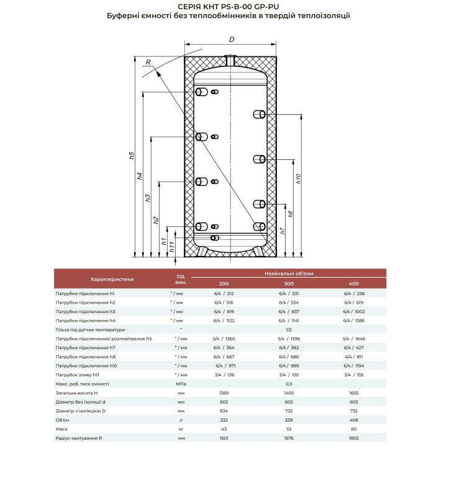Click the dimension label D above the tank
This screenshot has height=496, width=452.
[x=231, y=40]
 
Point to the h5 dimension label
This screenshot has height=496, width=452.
[x=132, y=156]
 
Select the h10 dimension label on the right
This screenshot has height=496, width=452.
[x=299, y=177]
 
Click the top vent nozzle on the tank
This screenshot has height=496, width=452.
[x=231, y=61]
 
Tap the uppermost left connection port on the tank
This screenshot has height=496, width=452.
[x=202, y=92]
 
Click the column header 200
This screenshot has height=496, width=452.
[x=224, y=283]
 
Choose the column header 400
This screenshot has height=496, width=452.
[x=355, y=283]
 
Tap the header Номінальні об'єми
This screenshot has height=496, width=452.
[x=289, y=273]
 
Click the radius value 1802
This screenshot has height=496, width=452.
[x=355, y=439]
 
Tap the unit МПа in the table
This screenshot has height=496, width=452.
[x=181, y=384]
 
